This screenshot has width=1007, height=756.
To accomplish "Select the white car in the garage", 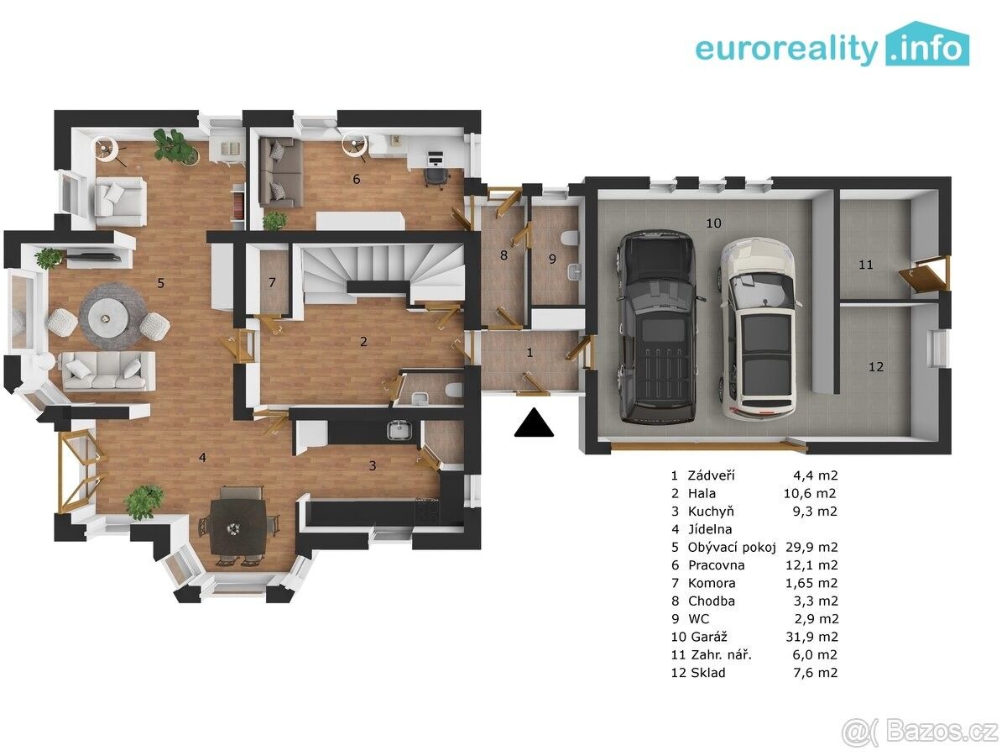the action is coord(758,328).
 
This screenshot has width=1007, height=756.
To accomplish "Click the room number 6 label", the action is coord(357,179).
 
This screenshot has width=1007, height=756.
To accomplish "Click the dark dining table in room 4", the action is coord(237,527).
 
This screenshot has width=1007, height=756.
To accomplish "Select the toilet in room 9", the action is coord(570,239).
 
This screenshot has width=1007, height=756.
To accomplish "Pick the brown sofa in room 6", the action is coord(281,174).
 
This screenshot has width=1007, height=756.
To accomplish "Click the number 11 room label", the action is coord(866,265).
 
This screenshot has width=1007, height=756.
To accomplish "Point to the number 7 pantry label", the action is coord(272,282).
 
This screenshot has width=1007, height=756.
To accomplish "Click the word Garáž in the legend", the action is coord(709,637).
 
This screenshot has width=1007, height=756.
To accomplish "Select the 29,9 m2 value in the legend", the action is coord(811,547).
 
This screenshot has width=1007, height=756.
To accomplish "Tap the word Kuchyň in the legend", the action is coord(711,512).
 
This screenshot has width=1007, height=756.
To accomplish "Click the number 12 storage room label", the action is coord(876,367).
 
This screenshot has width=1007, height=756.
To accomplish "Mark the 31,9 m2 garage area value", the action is coord(811,637).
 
